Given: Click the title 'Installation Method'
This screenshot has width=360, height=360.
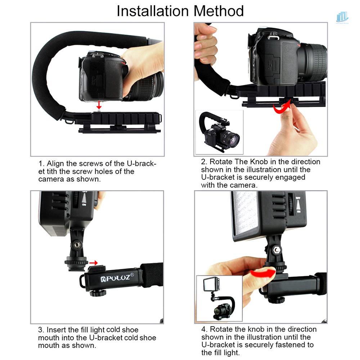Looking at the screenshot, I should coord(180,11).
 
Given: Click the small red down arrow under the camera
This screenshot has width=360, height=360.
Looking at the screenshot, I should coord(100,105).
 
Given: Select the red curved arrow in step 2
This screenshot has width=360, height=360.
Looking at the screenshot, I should coord(282,107).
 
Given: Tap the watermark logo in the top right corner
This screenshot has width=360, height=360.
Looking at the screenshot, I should coord(342,17).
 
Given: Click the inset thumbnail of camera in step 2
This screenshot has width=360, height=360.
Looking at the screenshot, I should coord(219,132).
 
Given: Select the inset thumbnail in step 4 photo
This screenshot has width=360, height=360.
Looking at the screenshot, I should coord(219,298).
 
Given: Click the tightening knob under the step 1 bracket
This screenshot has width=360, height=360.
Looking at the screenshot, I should coord(116,127).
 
